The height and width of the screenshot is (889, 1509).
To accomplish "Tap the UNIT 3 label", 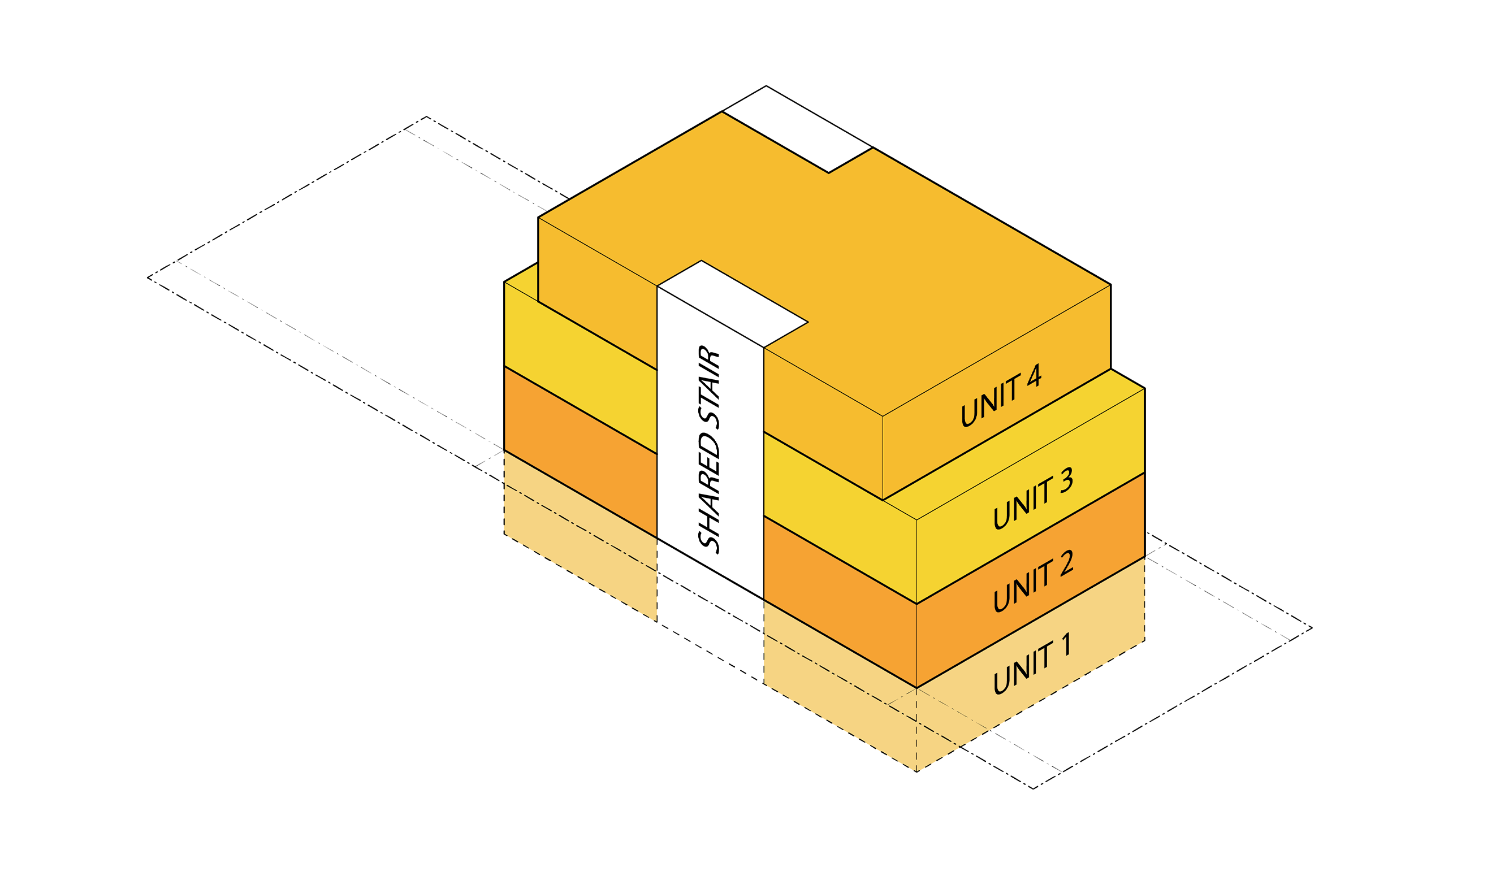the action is (1033, 498).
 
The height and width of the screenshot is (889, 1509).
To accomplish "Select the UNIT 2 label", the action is (1033, 581).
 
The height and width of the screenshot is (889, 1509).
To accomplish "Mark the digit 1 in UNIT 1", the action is (1065, 645).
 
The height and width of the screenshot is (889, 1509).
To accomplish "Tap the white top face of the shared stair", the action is (732, 303).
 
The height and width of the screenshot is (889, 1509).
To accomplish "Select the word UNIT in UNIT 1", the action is (1022, 670).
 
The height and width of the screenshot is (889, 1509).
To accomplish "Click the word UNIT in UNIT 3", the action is (1022, 504).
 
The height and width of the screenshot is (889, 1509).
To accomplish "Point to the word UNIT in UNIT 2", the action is (1022, 587).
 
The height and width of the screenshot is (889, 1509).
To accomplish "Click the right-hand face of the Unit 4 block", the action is (997, 392).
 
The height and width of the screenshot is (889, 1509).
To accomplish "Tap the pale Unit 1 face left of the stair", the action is (580, 536).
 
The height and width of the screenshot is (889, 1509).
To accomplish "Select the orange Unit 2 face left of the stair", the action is (580, 452).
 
